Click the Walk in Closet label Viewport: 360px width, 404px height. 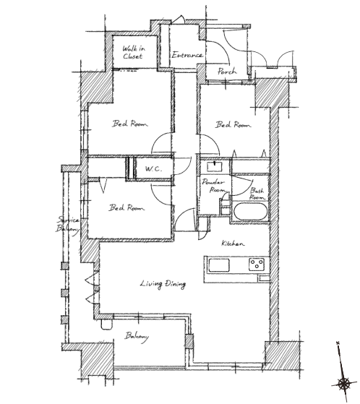pos(134,52)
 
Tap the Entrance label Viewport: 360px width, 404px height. pos(187,55)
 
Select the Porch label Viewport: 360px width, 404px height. pos(227,71)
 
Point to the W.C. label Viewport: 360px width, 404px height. pos(153,169)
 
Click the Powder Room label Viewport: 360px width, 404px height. pos(213,186)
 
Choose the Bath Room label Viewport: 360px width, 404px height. pos(257,194)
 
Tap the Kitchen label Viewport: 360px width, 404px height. pos(233,244)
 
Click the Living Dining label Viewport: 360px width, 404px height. pos(163,284)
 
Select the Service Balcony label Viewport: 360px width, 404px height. pos(68,225)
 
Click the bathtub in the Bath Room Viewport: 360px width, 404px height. pos(250,212)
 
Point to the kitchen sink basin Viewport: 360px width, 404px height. pos(219,265)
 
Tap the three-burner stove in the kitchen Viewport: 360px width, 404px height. pos(257,265)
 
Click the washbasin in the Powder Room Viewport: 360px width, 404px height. pos(215,166)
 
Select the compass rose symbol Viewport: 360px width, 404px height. pos(343,384)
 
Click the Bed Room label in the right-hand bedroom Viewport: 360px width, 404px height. pos(233,125)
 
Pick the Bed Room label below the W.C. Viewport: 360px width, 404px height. pos(127,207)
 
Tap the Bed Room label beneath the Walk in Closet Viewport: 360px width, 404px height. pos(130,124)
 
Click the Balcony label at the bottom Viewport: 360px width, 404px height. pos(137,337)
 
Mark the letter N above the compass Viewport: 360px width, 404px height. pos(338,343)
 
